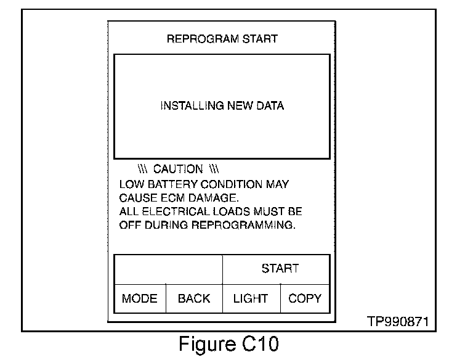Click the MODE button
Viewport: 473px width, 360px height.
(x=140, y=299)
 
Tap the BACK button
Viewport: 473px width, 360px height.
(x=194, y=299)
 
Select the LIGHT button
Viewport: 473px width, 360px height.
(x=251, y=299)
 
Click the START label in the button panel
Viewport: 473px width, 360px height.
(x=280, y=268)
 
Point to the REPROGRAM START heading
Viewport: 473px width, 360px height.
(x=222, y=39)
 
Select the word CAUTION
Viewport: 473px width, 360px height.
(x=178, y=169)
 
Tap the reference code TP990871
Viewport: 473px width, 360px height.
(x=398, y=322)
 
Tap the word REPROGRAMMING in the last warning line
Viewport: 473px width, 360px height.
(x=246, y=225)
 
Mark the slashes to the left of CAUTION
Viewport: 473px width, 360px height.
(x=142, y=169)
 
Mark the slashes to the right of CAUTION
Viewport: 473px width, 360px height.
(x=214, y=169)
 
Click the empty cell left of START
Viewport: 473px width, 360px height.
(x=168, y=269)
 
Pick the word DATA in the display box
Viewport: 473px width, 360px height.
(x=271, y=106)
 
